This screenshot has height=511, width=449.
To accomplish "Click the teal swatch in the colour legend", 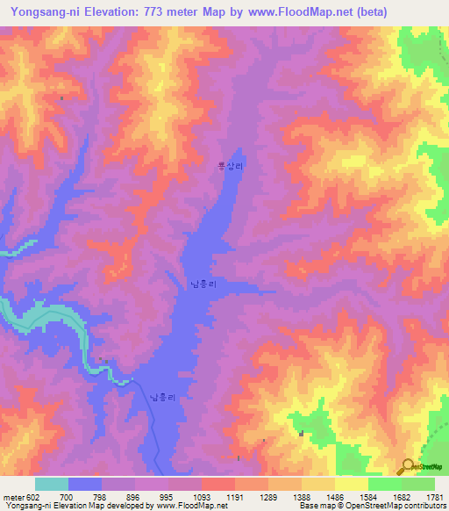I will (x=52, y=484).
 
